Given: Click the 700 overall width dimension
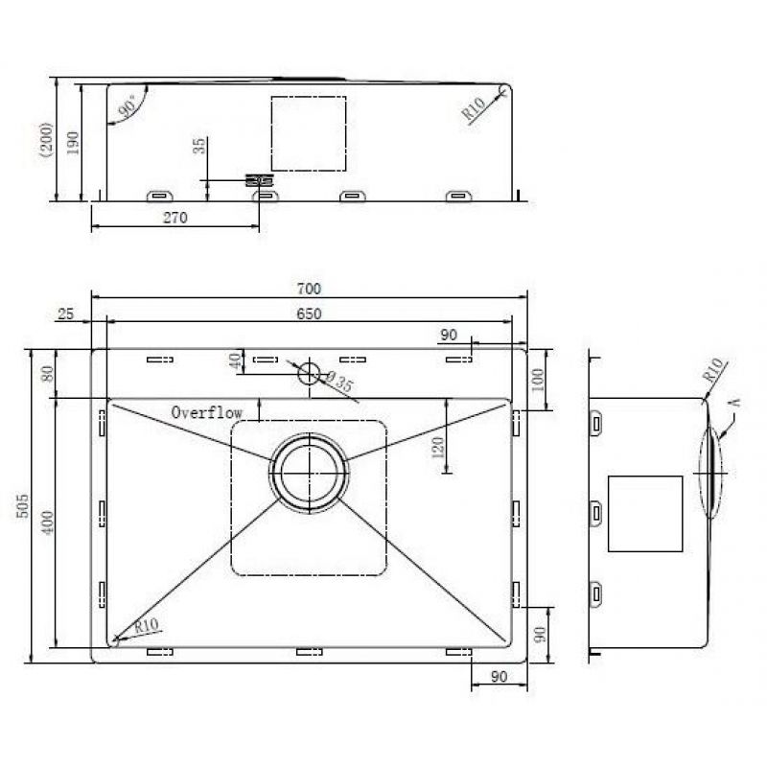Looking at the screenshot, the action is pos(309,289).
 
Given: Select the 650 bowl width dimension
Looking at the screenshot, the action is pos(309,314).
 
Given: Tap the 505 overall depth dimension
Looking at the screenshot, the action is pos(22,506).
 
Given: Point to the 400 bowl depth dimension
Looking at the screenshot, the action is pos(47,523).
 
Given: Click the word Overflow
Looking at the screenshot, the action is pos(206,412).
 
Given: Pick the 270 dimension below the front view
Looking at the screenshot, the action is pos(175,218).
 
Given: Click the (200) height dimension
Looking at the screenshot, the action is pos(46,139).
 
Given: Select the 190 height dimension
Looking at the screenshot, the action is pos(73,143).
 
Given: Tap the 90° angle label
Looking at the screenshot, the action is pos(128,107).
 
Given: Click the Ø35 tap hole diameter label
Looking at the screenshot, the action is pos(338,382).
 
